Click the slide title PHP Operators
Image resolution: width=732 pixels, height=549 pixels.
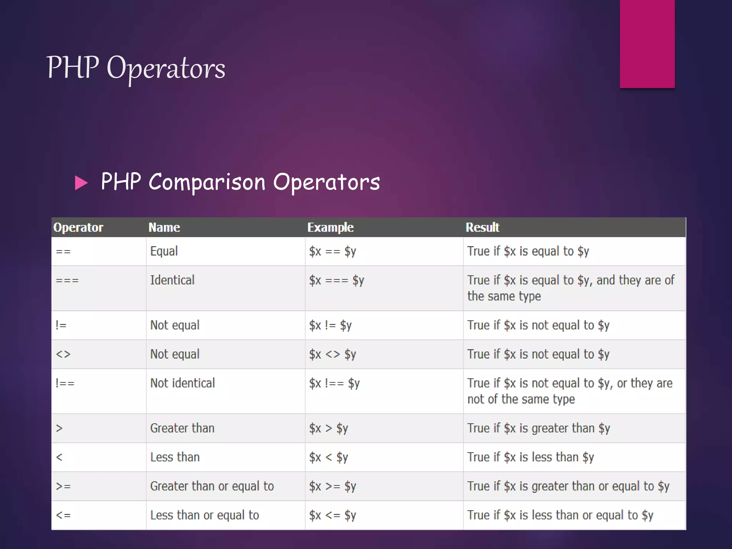pyautogui.click(x=136, y=68)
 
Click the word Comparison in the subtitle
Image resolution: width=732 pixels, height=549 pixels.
pyautogui.click(x=207, y=182)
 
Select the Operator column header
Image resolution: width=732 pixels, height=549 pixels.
pyautogui.click(x=78, y=227)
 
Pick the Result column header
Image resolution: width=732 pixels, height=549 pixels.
pyautogui.click(x=482, y=227)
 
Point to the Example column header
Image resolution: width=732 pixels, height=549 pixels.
pyautogui.click(x=330, y=227)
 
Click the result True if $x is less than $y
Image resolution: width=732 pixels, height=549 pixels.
pyautogui.click(x=530, y=457)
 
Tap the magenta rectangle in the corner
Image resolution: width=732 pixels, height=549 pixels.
pyautogui.click(x=647, y=44)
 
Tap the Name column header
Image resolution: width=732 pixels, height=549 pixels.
pyautogui.click(x=164, y=227)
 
